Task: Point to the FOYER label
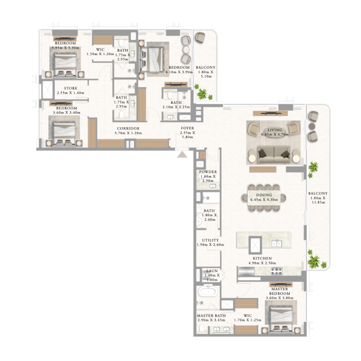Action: [x=187, y=128]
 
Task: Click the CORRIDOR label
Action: [x=126, y=129]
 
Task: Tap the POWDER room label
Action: [x=208, y=172]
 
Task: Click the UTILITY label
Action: [x=210, y=241]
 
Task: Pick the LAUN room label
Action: [x=212, y=271]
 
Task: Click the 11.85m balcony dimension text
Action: [x=319, y=202]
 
